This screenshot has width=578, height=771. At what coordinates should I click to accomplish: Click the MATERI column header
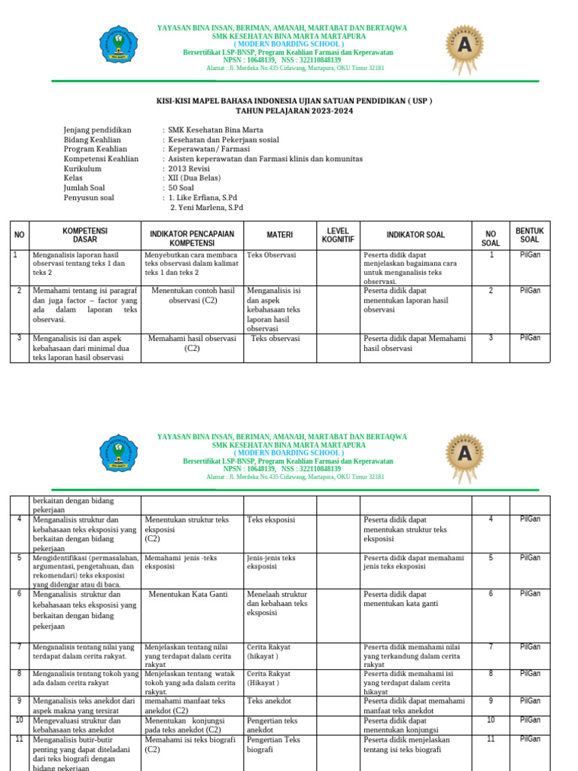tap(280, 235)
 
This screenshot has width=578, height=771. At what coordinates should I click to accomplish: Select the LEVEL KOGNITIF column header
tap(338, 235)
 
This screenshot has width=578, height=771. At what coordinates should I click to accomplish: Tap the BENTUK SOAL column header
tap(529, 235)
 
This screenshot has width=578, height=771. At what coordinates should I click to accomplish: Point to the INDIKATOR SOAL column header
tap(415, 235)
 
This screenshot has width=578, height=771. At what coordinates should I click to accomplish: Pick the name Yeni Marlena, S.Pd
tap(207, 208)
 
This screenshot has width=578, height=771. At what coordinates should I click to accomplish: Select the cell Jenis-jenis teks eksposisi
tap(272, 562)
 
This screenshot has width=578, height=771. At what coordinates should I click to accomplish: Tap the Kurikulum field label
tap(83, 169)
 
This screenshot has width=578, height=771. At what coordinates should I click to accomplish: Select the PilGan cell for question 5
tap(529, 558)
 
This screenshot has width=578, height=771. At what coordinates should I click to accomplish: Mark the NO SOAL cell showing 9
tap(491, 700)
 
